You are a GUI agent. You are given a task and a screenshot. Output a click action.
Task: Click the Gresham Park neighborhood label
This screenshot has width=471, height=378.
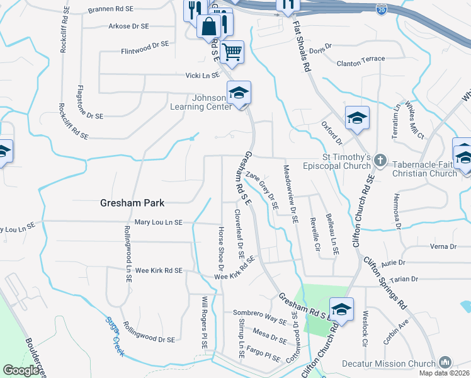pos(132,203)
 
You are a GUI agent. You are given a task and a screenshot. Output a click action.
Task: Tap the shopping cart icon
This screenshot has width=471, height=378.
pos(232,52)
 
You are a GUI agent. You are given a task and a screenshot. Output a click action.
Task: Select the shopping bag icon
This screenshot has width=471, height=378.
pos(208,26)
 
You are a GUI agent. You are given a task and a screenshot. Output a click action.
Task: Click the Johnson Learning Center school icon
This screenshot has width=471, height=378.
pos(239,93)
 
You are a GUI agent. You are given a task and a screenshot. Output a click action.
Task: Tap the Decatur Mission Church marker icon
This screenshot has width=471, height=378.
pos(445,362)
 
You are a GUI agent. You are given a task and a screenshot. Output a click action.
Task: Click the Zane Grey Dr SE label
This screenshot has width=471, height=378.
pos(263,190)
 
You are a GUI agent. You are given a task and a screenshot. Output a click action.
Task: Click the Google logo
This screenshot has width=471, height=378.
pos(21,370)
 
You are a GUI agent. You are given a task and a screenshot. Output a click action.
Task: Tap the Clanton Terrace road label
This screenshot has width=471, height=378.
pos(361,59)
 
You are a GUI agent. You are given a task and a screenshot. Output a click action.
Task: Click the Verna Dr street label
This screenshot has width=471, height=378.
pos(443,246)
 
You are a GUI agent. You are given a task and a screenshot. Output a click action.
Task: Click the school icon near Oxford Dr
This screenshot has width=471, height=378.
pos(356,118)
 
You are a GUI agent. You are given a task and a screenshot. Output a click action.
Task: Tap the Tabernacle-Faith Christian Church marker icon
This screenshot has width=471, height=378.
pos(380,161)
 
